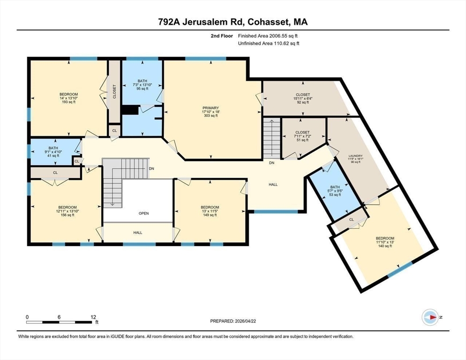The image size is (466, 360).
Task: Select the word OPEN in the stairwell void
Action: coord(143,213)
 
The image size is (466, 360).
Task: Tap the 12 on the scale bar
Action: coord(93,317)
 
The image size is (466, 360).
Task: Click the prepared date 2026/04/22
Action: coord(246,321)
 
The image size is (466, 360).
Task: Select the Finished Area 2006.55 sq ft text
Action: coord(268,36)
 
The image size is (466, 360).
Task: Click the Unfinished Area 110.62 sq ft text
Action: coord(269,44)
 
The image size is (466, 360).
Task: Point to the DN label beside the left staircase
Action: coord(151,169)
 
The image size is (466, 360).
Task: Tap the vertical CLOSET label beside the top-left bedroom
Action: coord(114,91)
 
